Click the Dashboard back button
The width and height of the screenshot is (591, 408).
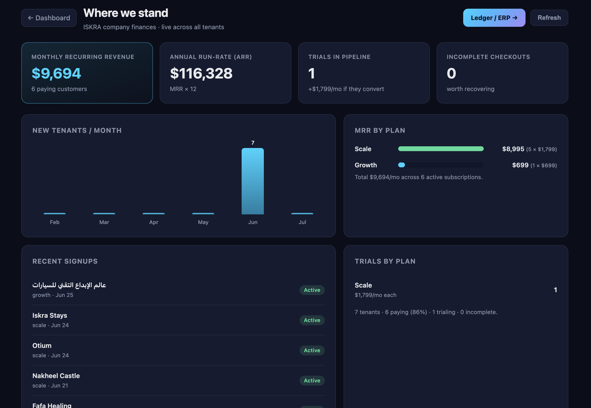49,18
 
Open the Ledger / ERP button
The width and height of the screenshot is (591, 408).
494,18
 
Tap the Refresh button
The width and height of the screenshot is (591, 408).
549,18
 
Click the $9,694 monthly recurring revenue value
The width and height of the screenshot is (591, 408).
56,73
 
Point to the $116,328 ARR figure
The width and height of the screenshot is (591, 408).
201,73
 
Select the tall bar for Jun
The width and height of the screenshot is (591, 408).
252,181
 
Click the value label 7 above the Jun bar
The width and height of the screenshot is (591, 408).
252,143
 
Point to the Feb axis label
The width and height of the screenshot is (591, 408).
55,222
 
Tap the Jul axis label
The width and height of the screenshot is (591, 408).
302,222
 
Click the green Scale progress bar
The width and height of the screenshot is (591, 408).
441,149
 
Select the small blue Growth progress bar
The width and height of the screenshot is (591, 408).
401,165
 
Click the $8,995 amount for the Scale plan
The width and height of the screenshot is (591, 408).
513,149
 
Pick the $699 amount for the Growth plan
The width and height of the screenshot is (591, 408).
520,165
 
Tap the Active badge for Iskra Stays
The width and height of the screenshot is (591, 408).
312,320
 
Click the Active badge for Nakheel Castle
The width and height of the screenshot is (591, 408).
312,380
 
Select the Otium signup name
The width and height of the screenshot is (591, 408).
42,346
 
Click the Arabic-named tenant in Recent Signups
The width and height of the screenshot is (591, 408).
69,285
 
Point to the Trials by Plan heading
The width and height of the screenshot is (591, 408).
385,261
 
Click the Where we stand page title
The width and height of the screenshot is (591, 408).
126,13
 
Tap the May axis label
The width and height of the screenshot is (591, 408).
203,222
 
